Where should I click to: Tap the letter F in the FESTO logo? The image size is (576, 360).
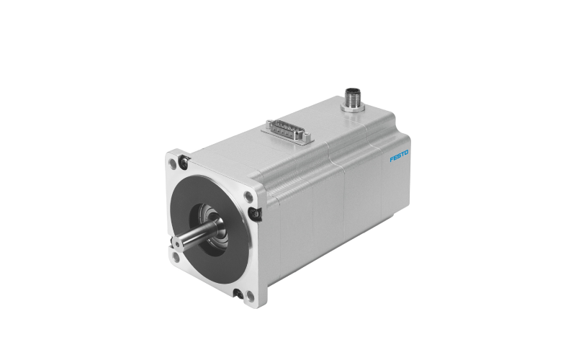pyautogui.click(x=392, y=159)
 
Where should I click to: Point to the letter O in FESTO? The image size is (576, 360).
pyautogui.click(x=406, y=152)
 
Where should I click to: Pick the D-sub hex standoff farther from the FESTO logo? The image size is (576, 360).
pyautogui.click(x=269, y=123)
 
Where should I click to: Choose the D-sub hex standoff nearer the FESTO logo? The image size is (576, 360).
pyautogui.click(x=307, y=138)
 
